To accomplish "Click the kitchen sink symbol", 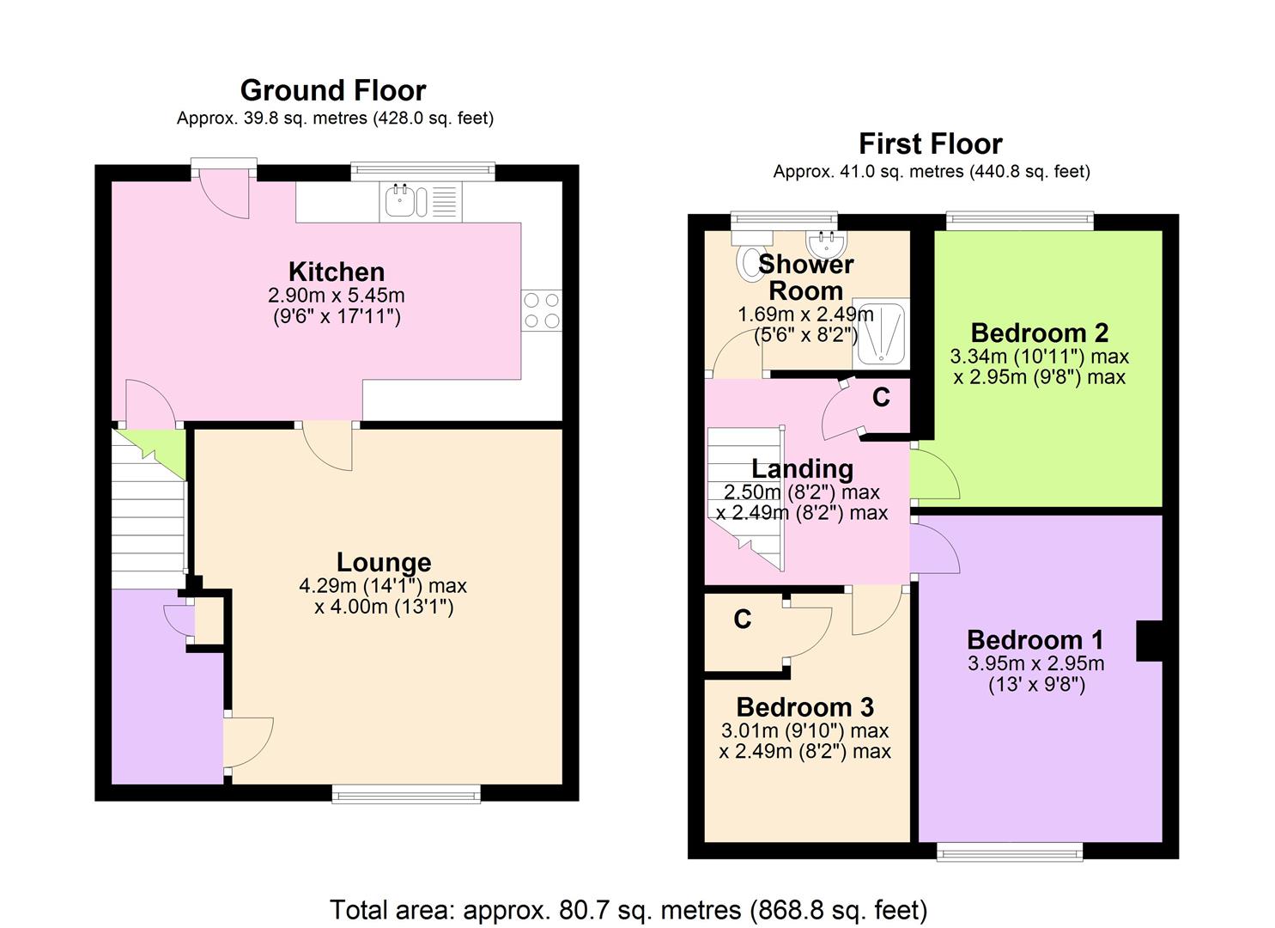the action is click(x=421, y=201).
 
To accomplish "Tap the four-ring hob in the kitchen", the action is click(x=541, y=310).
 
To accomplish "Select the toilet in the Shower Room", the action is click(x=750, y=254).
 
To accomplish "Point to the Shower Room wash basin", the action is click(x=827, y=244).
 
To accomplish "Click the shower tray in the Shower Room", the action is click(x=881, y=333).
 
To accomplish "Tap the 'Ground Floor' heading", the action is click(x=333, y=90).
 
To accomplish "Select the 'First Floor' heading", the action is click(x=931, y=143).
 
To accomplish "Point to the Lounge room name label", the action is click(x=384, y=562).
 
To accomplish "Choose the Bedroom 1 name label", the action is click(x=1035, y=640).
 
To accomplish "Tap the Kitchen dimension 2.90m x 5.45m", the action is click(x=337, y=295).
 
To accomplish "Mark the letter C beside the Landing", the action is click(x=881, y=397).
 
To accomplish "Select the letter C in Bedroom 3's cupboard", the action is click(x=742, y=619).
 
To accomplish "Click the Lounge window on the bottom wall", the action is click(x=406, y=794).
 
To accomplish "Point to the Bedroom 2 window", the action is click(x=1020, y=220).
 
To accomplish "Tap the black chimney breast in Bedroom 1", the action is click(x=1149, y=641).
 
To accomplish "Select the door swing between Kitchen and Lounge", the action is click(x=327, y=446).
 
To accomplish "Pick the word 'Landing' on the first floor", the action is click(x=803, y=469).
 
